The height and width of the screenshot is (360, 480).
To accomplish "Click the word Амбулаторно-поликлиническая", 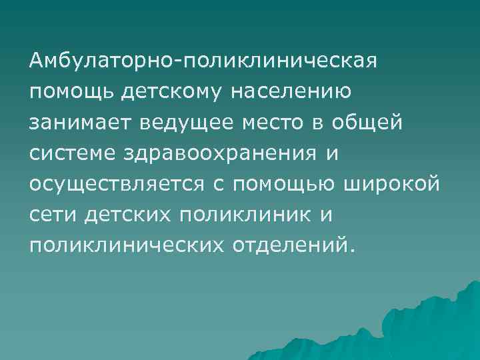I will pyautogui.click(x=204, y=62).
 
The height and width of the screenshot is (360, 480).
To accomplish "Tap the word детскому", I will pyautogui.click(x=174, y=93).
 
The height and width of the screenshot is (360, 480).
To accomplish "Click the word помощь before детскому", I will pyautogui.click(x=71, y=93).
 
